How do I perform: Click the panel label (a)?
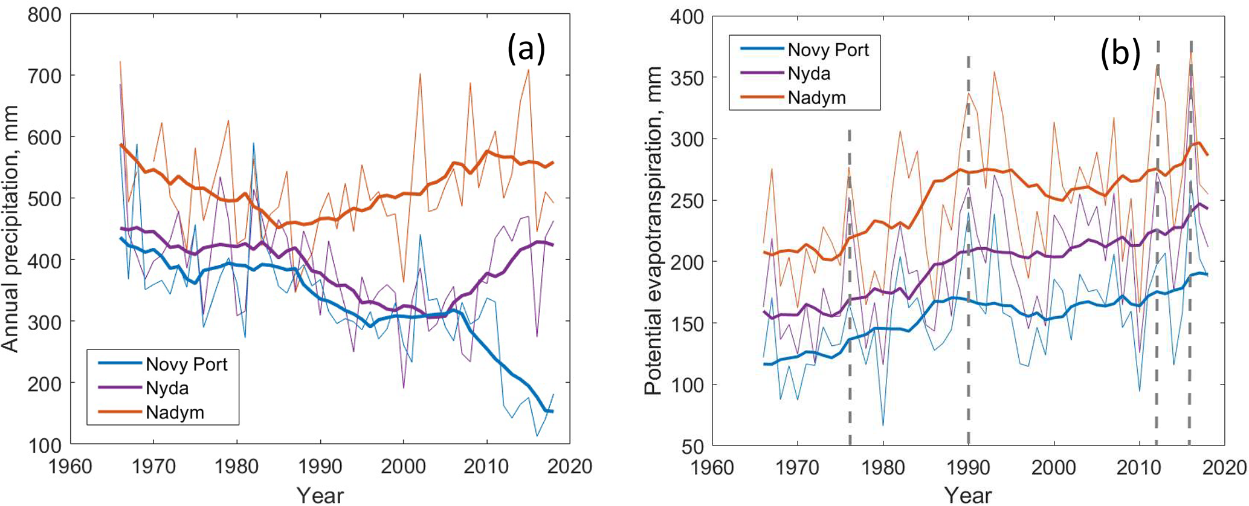(x=526, y=49)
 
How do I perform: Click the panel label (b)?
(x=1120, y=53)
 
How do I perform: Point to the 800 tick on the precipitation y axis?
(x=45, y=15)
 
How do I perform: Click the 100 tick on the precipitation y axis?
(x=45, y=445)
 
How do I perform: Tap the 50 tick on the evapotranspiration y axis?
(x=694, y=446)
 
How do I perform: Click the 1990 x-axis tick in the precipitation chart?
(x=320, y=467)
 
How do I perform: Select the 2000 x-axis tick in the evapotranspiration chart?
(x=1054, y=467)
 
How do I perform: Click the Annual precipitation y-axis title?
(x=11, y=230)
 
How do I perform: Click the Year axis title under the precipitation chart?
(x=320, y=495)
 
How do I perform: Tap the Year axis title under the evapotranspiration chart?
(x=969, y=495)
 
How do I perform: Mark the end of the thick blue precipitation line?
(x=552, y=412)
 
